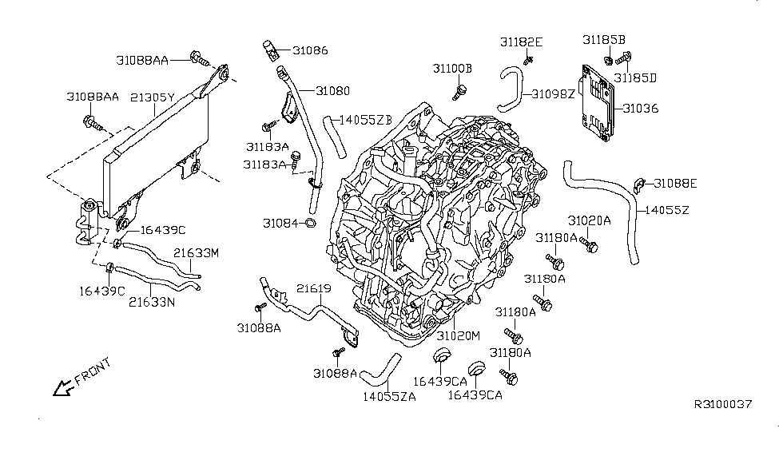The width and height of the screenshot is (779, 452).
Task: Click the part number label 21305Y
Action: pos(152,97)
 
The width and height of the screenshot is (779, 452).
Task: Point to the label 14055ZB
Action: pos(365,120)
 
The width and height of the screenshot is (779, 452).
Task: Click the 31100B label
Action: pos(453,69)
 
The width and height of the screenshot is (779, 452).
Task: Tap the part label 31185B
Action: pos(604,39)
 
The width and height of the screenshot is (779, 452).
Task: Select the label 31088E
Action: pos(675,183)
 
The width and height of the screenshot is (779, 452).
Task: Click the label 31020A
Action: pos(590,220)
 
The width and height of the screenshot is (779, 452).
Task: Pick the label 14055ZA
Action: pos(389,395)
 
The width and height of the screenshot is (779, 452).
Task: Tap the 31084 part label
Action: pos(281,221)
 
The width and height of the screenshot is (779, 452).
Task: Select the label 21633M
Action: pos(197,253)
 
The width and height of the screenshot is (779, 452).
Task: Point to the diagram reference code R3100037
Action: pos(722,404)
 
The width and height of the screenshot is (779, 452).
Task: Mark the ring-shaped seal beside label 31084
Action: pos(311,222)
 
